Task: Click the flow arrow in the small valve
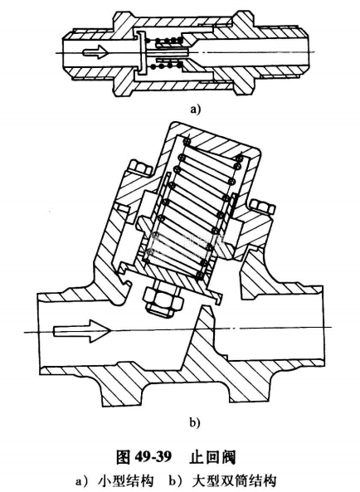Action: (x=95, y=51)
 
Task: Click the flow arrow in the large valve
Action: (x=81, y=331)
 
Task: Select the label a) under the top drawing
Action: (x=195, y=110)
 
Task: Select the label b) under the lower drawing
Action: (x=194, y=422)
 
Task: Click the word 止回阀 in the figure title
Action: (x=212, y=457)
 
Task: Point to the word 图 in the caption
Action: (x=123, y=457)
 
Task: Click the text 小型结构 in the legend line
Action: (x=126, y=480)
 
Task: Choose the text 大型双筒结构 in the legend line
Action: (x=234, y=480)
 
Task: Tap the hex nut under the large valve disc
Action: (x=163, y=299)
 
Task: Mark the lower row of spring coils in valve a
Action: (x=166, y=66)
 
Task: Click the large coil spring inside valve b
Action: (x=192, y=208)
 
